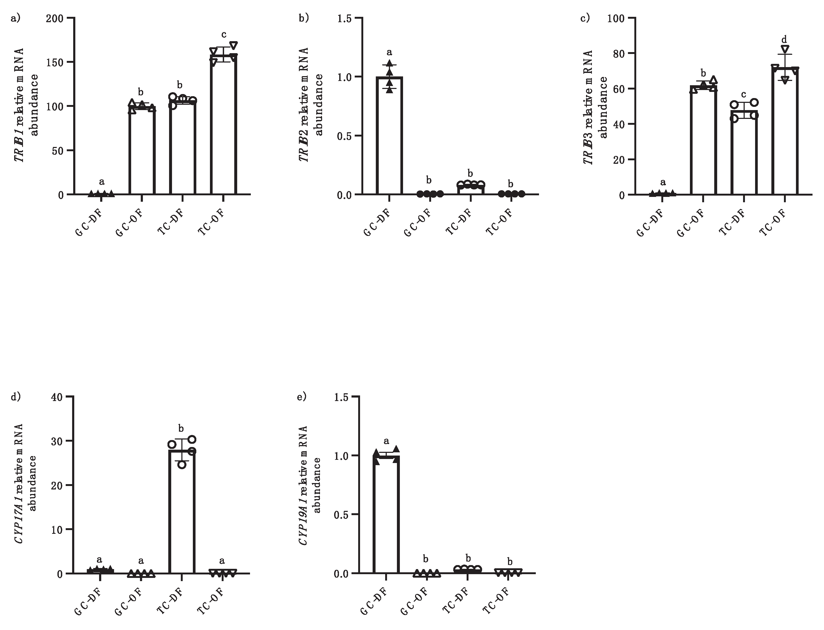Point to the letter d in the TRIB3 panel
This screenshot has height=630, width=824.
(784, 39)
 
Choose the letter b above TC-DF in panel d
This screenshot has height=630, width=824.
(181, 428)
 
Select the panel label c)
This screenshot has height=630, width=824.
(585, 18)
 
